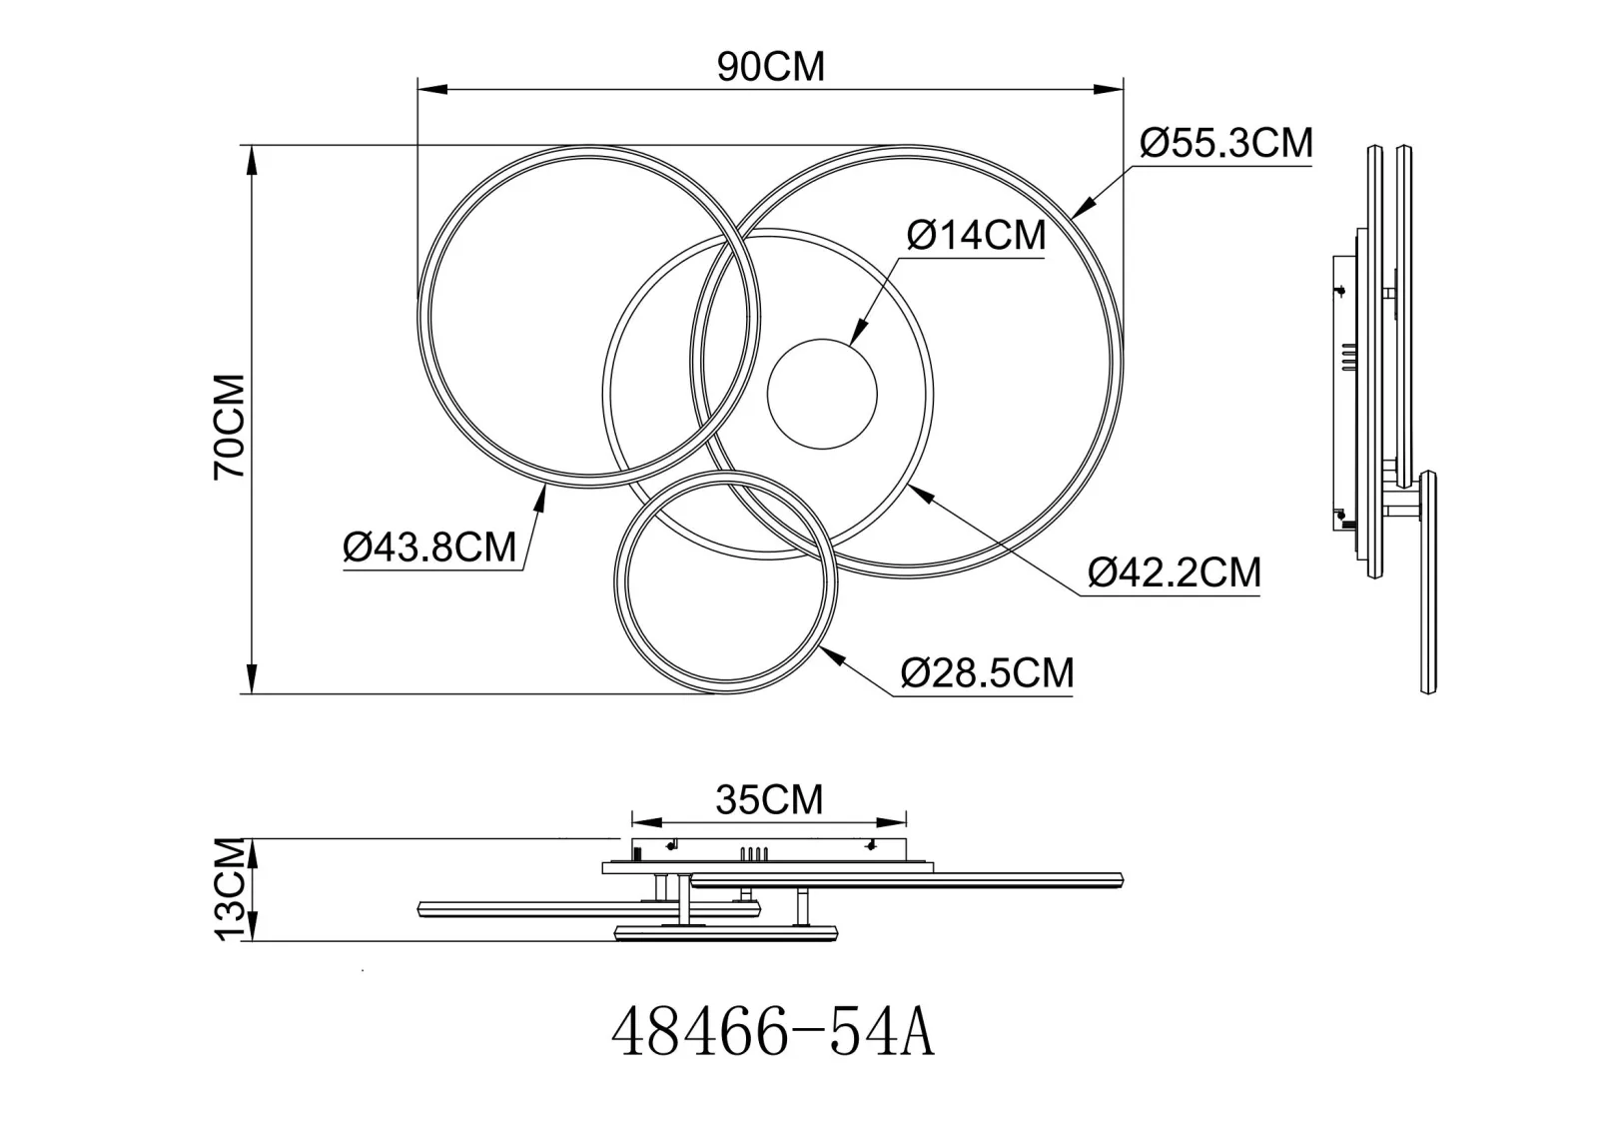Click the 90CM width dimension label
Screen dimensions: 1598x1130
pos(770,67)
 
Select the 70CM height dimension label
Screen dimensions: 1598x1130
pos(230,427)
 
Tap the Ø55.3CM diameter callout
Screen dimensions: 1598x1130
pos(1225,144)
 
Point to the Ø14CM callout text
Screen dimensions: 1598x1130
pos(976,235)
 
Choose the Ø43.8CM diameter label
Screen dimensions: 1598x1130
pos(429,549)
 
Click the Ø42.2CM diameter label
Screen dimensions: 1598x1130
pos(1175,572)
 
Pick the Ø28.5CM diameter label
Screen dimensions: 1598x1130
pos(988,672)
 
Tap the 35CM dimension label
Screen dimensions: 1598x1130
pos(769,799)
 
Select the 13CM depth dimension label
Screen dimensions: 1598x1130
pos(230,889)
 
